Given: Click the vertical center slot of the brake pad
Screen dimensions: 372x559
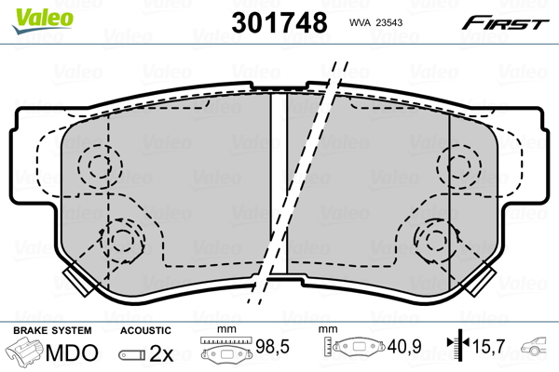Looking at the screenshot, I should click(x=277, y=186).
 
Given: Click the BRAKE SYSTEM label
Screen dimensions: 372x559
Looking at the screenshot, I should click(x=51, y=330).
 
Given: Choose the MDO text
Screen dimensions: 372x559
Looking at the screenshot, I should click(x=75, y=352).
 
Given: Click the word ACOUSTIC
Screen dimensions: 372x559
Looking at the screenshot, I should click(x=145, y=330).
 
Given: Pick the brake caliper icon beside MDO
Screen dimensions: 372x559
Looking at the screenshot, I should click(x=26, y=353).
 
